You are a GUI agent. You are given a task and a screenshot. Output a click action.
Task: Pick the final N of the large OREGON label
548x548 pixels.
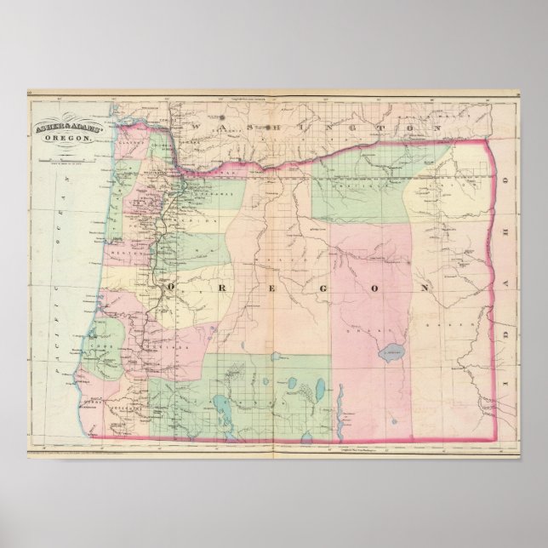tap(422, 289)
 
